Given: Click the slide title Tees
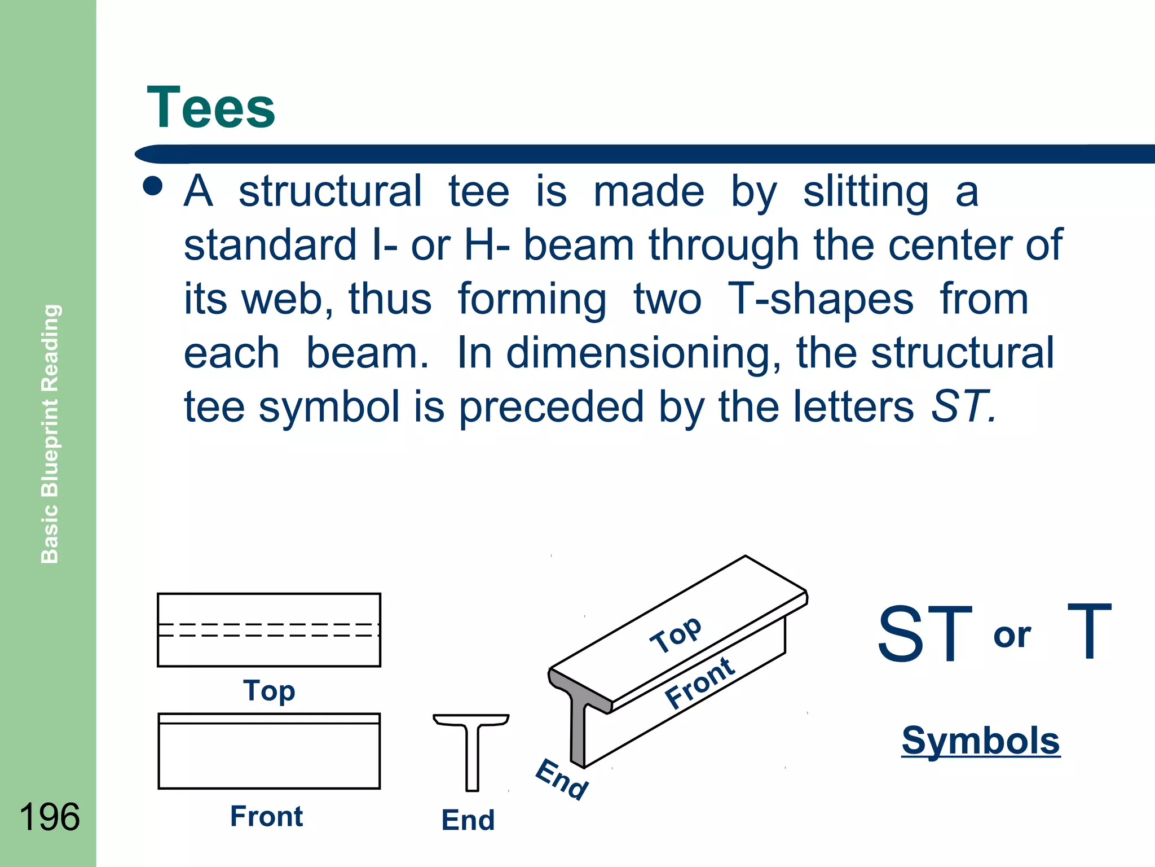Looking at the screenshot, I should pos(211,108).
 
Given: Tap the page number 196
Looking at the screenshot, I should pos(50,817).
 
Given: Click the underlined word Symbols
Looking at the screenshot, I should pos(981,741).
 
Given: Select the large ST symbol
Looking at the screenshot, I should pos(925,634).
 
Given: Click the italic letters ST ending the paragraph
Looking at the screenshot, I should pos(961,406).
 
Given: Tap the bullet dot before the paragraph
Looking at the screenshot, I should pos(153,186).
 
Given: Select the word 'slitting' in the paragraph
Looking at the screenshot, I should pos(866,192).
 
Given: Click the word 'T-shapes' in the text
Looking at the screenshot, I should pos(821,299).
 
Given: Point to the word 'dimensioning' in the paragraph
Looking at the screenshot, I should pos(643,353).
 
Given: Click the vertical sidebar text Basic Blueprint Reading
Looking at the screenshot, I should pos(50,433).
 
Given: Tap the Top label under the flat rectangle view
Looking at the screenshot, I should pos(269,690).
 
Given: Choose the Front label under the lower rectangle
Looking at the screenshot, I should pos(266,816).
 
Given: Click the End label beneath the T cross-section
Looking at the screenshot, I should pos(468,820).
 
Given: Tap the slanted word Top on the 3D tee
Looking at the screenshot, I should pos(676,634).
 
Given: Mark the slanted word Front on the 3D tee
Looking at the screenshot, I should pos(700,683).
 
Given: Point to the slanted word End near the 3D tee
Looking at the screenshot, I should pos(562,779).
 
